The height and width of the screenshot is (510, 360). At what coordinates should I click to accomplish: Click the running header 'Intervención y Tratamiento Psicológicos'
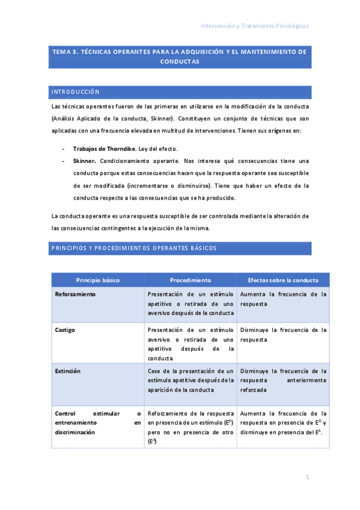(x=255, y=26)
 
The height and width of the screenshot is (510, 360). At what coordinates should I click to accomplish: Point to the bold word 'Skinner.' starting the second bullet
(x=85, y=161)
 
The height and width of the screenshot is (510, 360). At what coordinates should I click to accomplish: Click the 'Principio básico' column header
(x=97, y=280)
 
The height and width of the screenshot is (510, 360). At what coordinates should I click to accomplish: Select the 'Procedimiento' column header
(x=190, y=280)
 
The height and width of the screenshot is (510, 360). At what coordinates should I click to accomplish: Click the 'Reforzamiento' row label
(x=75, y=295)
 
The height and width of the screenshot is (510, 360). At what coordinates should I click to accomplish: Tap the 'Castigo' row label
(x=65, y=330)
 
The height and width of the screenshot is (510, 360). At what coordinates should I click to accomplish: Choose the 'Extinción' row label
(x=67, y=371)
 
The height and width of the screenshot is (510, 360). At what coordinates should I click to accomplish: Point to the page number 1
(x=307, y=478)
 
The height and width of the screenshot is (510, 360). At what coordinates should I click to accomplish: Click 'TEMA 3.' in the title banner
(x=66, y=52)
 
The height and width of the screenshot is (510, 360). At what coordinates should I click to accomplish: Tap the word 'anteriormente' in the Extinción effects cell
(x=307, y=380)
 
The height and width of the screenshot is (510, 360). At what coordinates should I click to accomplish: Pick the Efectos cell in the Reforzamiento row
(x=283, y=300)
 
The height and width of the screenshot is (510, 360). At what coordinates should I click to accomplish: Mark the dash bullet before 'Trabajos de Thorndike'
(x=64, y=149)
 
